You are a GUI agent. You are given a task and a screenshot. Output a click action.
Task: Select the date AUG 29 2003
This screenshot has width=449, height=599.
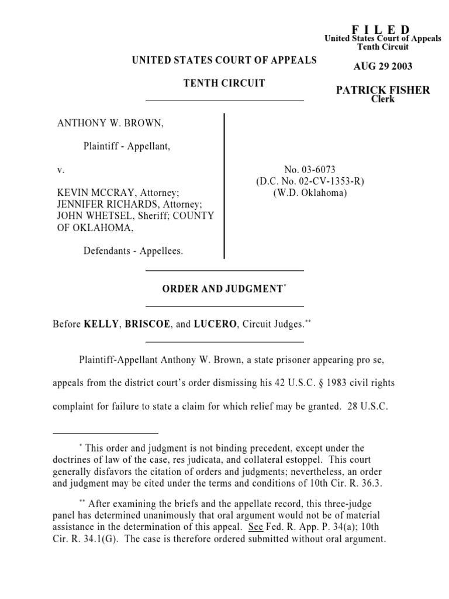coord(383,66)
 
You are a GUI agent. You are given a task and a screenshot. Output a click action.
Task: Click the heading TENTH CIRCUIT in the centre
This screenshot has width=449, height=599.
coord(224,83)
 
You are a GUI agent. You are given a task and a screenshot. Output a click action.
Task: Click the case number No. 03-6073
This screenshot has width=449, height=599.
coord(310,170)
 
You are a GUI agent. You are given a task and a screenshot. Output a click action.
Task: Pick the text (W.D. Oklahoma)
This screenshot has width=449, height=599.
coord(310,193)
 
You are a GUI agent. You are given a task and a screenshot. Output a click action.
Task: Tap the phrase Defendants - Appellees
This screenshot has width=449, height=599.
coord(133,251)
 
